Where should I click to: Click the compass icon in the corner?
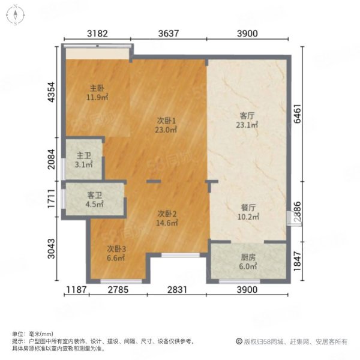coord(16,15)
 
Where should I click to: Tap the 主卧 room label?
coord(97,88)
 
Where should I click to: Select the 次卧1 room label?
coord(166,121)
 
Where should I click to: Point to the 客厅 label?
coord(247,116)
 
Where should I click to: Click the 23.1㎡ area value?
coord(247,125)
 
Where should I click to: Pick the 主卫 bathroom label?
coord(84,155)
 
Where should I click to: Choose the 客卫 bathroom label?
coord(95,196)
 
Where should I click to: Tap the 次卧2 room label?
coord(167,214)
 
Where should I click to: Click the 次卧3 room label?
coord(116,249)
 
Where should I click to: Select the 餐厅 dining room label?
coord(248,208)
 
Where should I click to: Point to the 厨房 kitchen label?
coord(248,257)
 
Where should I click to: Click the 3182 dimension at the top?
coord(97,34)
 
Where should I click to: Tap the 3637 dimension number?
coord(169,34)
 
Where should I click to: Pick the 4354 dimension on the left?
coord(51,92)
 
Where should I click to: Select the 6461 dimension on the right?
coord(298,113)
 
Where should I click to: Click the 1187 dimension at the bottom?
coord(76,290)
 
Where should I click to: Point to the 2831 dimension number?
coord(177,290)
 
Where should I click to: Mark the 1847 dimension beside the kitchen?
coord(298,261)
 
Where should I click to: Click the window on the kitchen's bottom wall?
coord(239,281)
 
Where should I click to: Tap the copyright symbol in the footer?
coord(239,341)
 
